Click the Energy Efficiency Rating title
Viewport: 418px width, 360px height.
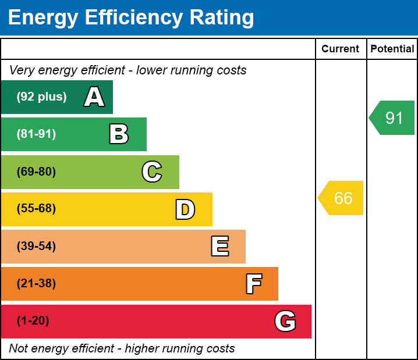pos(131,18)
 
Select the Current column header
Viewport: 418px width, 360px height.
pos(341,49)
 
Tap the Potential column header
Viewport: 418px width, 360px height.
pos(392,49)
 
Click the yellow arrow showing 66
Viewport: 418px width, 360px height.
pos(341,198)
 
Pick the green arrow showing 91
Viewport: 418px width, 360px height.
pos(392,118)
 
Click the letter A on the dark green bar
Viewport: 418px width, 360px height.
pos(94,97)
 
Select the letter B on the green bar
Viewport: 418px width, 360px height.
pos(119,134)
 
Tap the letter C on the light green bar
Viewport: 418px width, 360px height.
pos(152,172)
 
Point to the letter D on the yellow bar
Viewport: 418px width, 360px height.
pos(185,209)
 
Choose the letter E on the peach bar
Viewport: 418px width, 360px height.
pos(219,247)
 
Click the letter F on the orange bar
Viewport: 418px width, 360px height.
pos(253,284)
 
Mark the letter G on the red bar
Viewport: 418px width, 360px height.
pos(285,321)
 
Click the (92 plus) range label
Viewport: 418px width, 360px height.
pos(41,97)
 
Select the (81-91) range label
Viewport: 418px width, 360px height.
pos(36,134)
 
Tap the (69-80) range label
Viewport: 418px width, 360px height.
pos(36,172)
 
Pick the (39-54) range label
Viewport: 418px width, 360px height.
pos(36,247)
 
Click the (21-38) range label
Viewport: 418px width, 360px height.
pos(36,284)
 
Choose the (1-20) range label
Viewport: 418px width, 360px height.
pos(33,321)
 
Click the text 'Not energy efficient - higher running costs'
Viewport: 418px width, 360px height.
pos(122,349)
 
